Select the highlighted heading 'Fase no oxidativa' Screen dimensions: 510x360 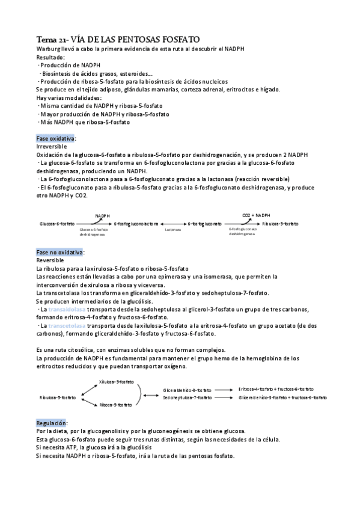(60, 252)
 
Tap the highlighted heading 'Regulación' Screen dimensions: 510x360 (52, 423)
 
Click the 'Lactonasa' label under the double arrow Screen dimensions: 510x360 (173, 229)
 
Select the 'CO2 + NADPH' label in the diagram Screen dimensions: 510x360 (257, 215)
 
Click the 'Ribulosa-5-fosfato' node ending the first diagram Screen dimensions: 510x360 (280, 223)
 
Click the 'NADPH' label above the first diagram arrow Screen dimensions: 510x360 (102, 215)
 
